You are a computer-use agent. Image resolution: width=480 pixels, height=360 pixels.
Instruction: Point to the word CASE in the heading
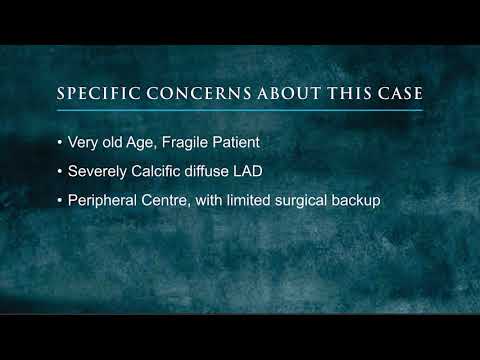(x=398, y=95)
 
